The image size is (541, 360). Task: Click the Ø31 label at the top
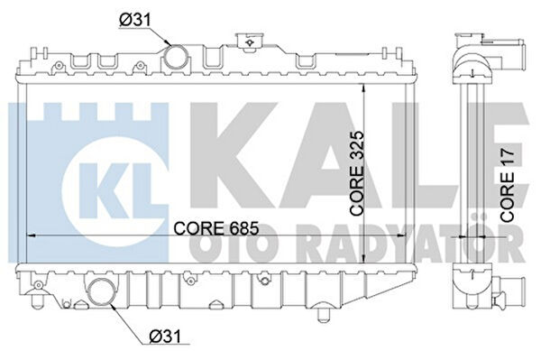(x=135, y=20)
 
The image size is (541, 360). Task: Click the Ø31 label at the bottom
(x=165, y=336)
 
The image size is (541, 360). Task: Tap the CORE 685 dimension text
(x=216, y=228)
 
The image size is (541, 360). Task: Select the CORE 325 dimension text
(x=357, y=173)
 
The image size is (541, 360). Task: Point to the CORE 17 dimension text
(x=507, y=185)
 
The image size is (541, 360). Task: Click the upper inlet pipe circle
(x=177, y=58)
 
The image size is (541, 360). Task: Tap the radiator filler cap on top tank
(x=249, y=42)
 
